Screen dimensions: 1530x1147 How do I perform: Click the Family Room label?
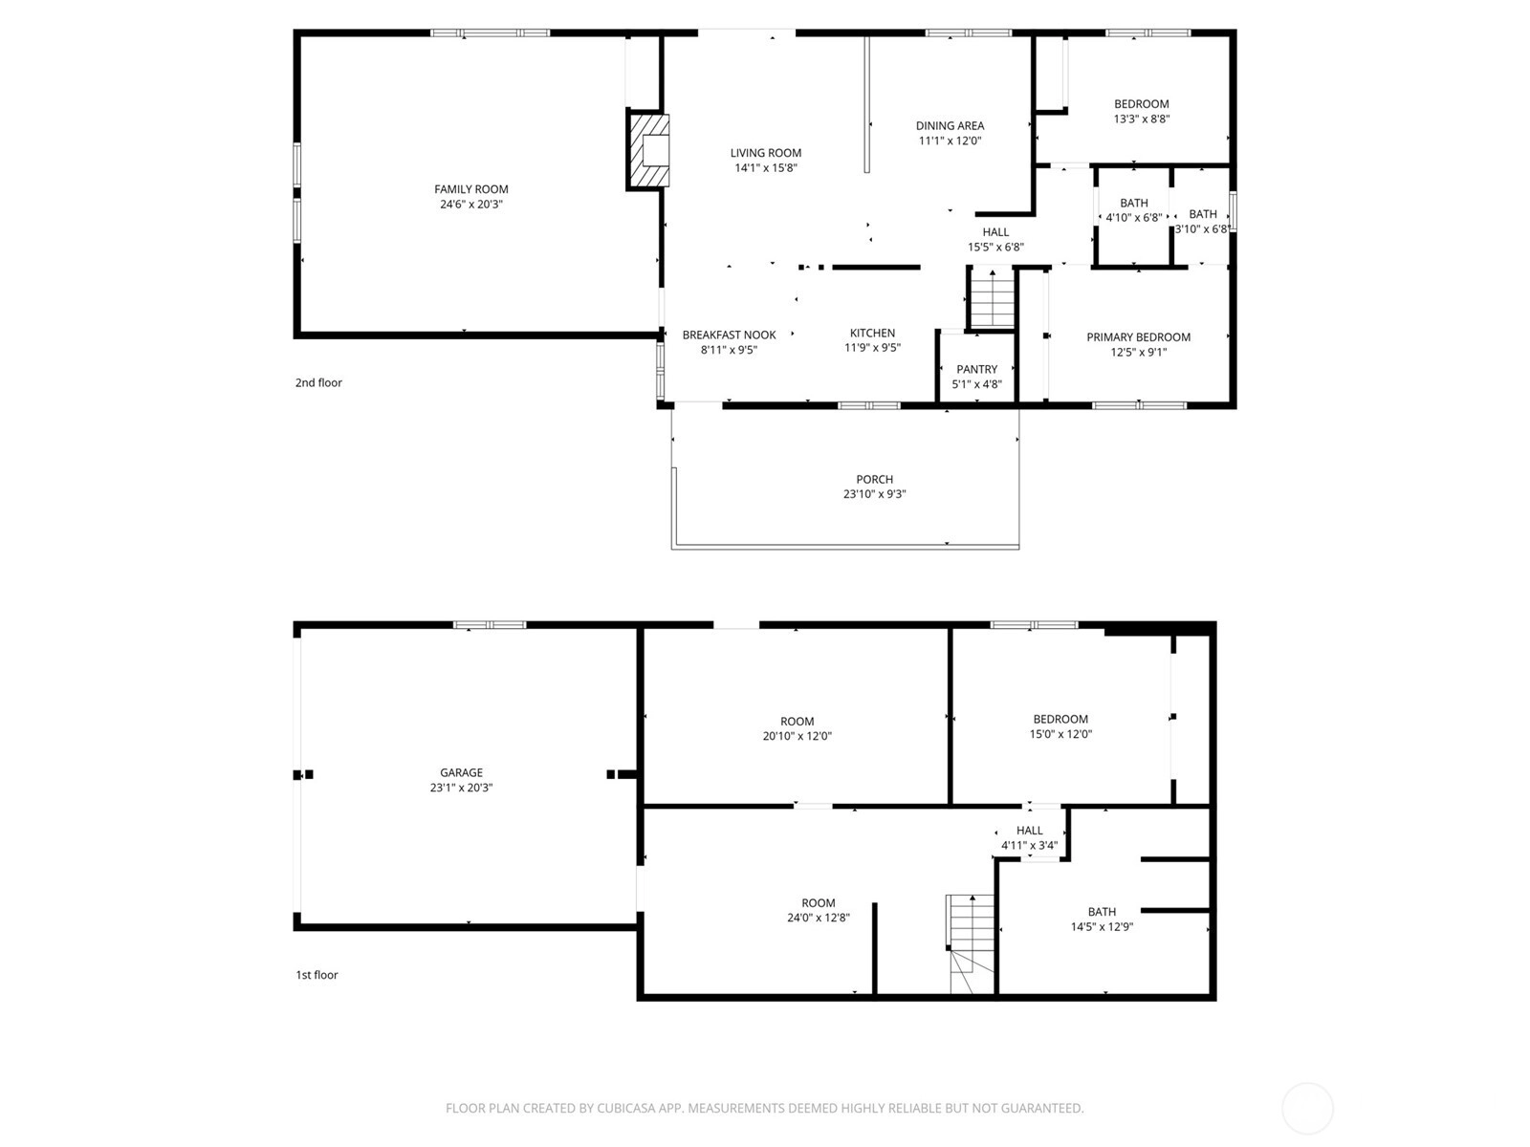(x=471, y=188)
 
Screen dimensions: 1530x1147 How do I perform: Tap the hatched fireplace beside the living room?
(x=649, y=150)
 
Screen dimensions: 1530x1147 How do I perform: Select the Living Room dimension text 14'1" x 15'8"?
(x=765, y=168)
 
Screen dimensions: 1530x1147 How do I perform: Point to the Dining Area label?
(x=951, y=125)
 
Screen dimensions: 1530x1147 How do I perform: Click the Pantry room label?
(x=976, y=369)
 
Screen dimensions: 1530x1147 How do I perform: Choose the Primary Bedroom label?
(x=1138, y=337)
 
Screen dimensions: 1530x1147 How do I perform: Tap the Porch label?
(x=874, y=479)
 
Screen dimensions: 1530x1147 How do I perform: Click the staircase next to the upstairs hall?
(x=992, y=299)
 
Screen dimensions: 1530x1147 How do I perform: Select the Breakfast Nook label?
(x=729, y=335)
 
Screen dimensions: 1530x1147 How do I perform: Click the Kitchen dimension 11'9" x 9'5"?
(x=873, y=348)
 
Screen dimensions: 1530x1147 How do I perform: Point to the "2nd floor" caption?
(x=318, y=382)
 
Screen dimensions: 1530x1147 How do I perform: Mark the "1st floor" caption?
(x=317, y=975)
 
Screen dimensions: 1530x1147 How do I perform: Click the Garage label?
(x=462, y=772)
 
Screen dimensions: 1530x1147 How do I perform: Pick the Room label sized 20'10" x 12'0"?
(x=797, y=722)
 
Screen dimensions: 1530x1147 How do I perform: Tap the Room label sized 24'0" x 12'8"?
(x=818, y=902)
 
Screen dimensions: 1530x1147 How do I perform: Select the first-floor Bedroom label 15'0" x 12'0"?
(x=1060, y=719)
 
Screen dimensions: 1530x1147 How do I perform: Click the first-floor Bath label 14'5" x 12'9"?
(x=1102, y=912)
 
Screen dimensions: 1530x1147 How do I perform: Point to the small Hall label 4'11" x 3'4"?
(x=1030, y=830)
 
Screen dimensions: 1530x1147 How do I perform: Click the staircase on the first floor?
(x=971, y=943)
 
